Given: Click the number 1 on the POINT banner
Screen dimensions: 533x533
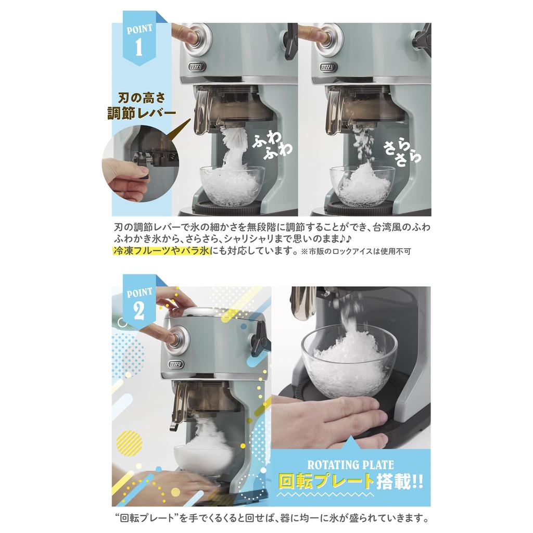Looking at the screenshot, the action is point(138,47).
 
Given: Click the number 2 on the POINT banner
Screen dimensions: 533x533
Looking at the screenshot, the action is point(139,310).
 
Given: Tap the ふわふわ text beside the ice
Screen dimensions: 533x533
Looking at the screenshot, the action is point(272,145).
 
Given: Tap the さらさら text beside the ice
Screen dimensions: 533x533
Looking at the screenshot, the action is point(402,154).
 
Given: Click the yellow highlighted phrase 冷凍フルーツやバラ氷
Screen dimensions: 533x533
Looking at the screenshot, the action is point(161,251).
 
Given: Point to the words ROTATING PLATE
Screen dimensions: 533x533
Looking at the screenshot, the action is point(350,465).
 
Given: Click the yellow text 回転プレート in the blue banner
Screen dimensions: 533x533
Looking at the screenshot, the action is point(326,481).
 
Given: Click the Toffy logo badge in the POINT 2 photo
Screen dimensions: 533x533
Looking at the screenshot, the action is point(176,365).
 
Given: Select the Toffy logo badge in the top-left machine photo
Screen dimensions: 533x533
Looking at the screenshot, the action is point(197,66).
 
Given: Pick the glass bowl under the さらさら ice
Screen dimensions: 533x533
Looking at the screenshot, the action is point(362,186).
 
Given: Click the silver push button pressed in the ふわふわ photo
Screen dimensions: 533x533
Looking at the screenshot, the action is point(199,38).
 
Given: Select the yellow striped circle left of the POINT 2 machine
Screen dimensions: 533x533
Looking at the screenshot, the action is point(130,442).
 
